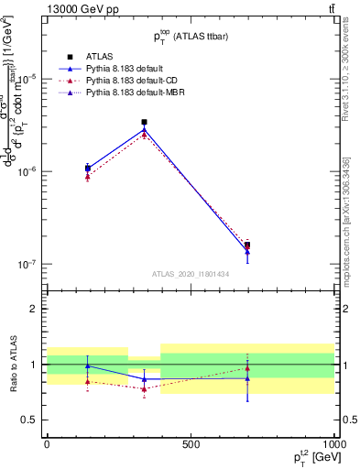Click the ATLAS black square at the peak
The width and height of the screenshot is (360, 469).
coord(144,122)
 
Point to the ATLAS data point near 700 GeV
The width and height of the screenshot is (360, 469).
coord(247,245)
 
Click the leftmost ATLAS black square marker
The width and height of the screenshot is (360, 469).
coord(87,169)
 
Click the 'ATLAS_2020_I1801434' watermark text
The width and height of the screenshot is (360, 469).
coord(190,274)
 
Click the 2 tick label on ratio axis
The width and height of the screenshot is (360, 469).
coord(33,309)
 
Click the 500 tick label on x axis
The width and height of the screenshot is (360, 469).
coord(191,443)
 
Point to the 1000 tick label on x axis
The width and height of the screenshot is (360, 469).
coord(333,443)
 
